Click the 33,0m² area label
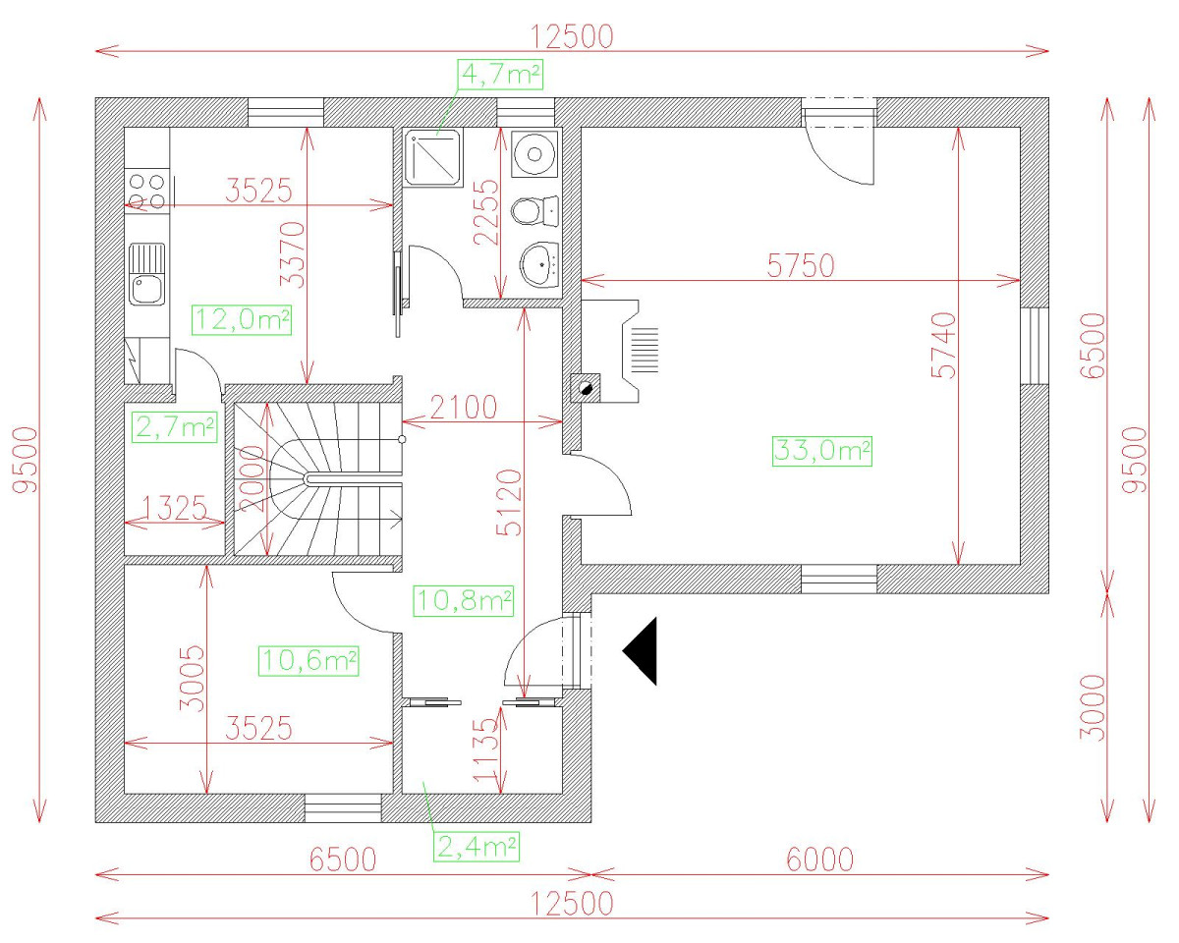click(822, 450)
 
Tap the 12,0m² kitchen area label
click(243, 319)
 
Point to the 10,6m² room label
click(309, 660)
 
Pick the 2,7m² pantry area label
click(174, 426)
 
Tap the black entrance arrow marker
click(641, 650)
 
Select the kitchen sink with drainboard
click(147, 275)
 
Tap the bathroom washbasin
click(538, 263)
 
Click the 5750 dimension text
click(799, 265)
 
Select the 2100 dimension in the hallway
click(461, 405)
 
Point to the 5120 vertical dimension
click(509, 502)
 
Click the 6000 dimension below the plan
click(818, 860)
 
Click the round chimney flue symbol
click(585, 387)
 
